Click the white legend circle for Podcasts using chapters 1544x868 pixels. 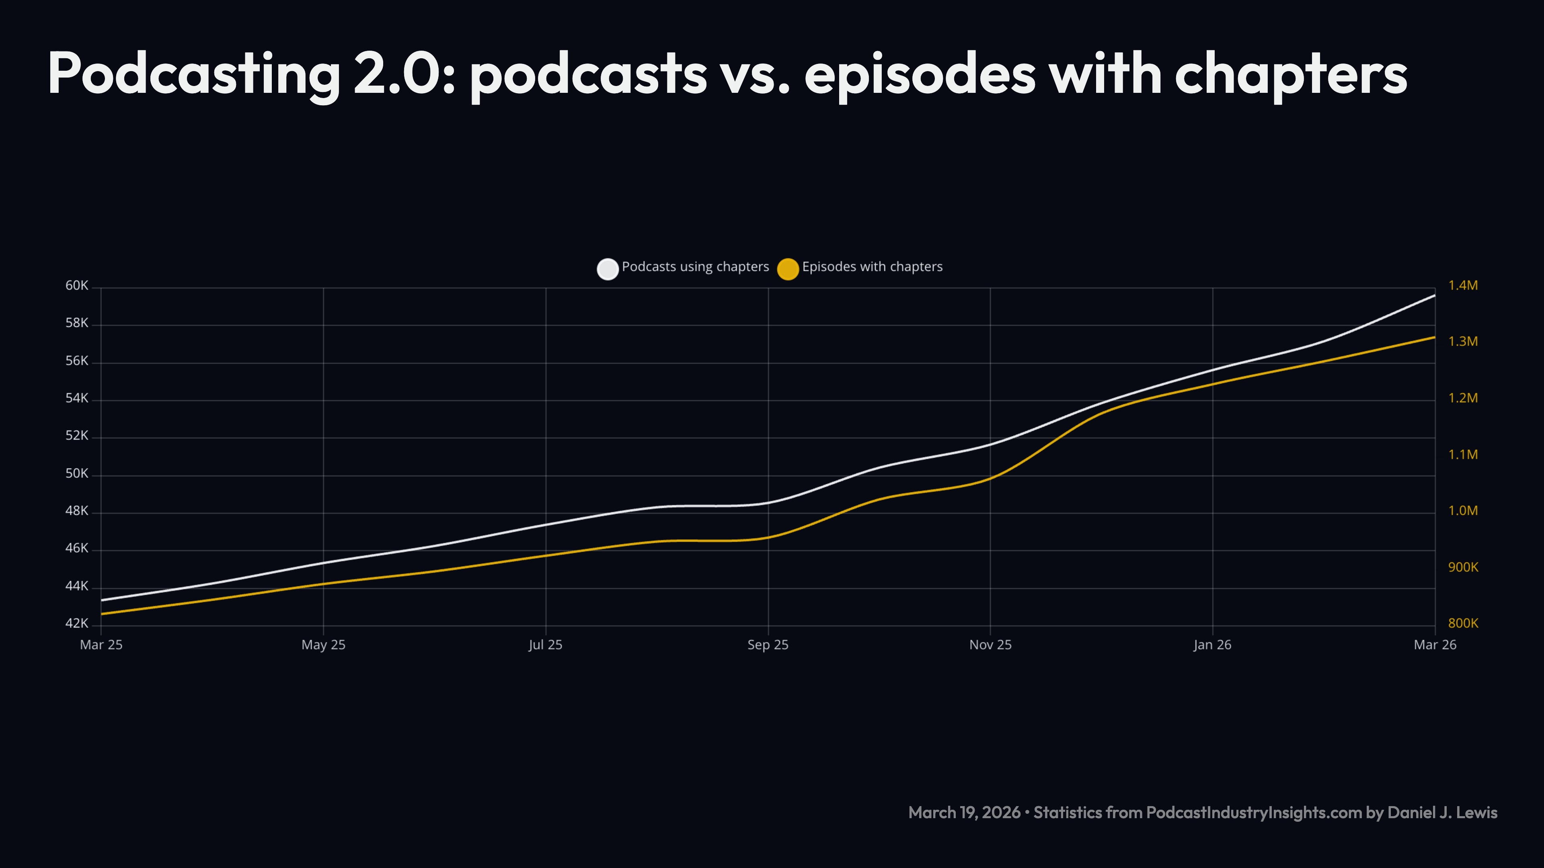[607, 269]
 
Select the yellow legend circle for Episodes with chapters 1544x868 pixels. [788, 269]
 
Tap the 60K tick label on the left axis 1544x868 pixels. [77, 286]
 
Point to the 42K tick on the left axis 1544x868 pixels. [77, 624]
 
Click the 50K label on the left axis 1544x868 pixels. [77, 474]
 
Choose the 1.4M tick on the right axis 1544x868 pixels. [1463, 286]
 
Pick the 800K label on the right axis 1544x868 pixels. [1463, 624]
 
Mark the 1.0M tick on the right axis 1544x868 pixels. [1463, 511]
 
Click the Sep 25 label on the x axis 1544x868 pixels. [768, 645]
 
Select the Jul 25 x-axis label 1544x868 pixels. [546, 645]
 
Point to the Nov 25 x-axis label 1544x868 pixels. [990, 645]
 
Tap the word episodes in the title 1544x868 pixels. [920, 75]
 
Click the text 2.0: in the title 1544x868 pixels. [404, 75]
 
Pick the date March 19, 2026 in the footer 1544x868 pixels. [964, 813]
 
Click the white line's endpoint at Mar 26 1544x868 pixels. [1434, 295]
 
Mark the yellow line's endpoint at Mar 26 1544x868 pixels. [1434, 337]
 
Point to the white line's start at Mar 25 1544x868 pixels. [102, 600]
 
